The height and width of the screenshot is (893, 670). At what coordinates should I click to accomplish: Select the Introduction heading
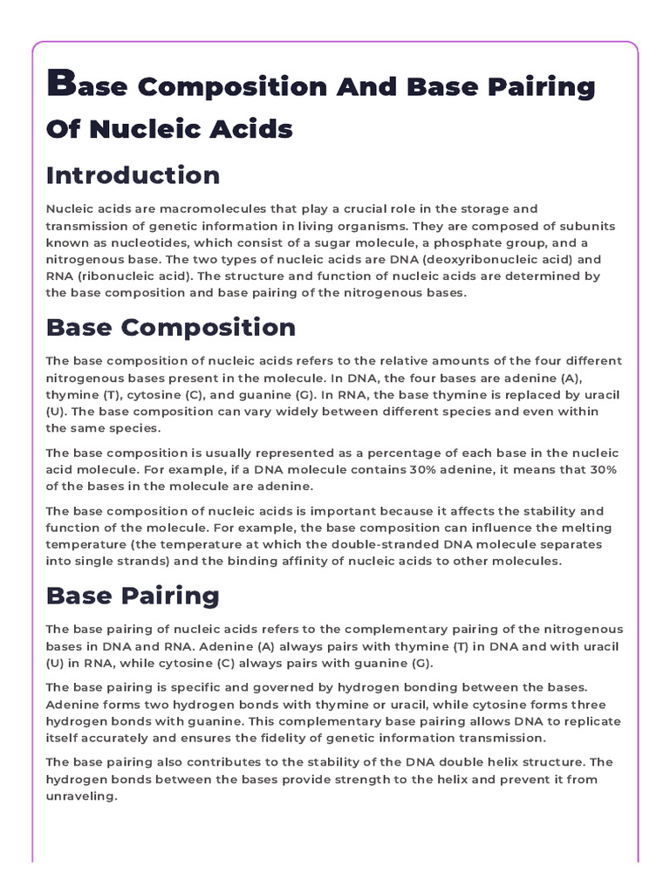tap(133, 175)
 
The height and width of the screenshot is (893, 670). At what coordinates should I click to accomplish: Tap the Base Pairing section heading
tap(133, 596)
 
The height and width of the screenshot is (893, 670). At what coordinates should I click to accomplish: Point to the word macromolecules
tap(173, 209)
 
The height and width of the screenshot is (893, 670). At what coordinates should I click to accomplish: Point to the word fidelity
tap(256, 738)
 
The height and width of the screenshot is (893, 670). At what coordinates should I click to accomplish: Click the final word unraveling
tap(80, 796)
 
